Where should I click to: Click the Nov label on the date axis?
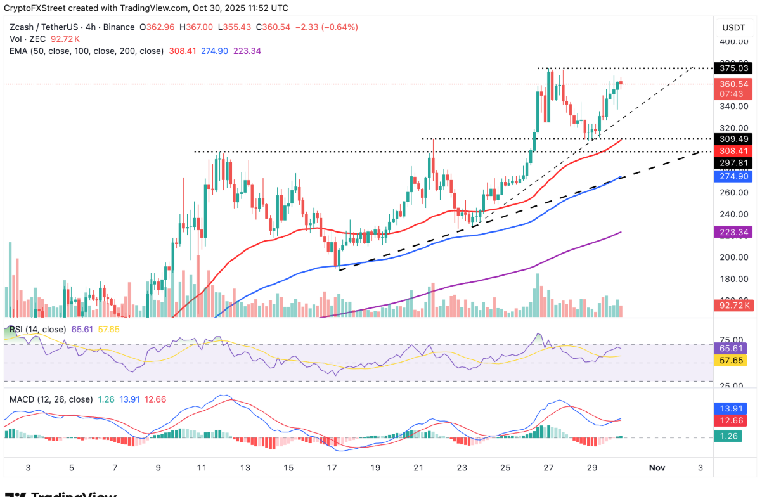[x=657, y=468]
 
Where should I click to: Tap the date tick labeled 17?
[x=332, y=468]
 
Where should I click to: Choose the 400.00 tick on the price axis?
[x=732, y=42]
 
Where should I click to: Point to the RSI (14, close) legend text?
[x=37, y=329]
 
